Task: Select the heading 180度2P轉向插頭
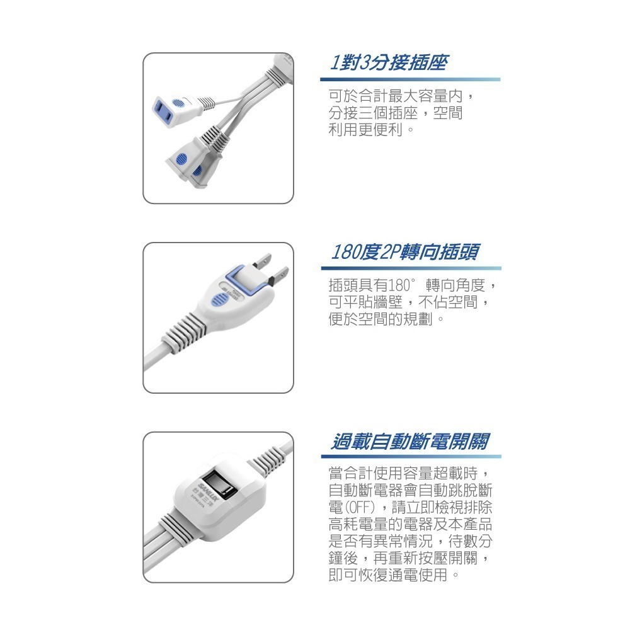click(404, 252)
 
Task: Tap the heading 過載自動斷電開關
click(409, 441)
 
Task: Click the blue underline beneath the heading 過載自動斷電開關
click(409, 456)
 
